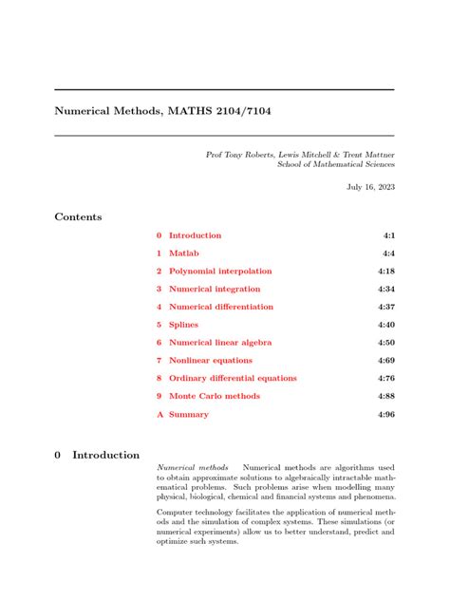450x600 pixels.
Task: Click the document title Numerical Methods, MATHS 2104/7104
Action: [162, 112]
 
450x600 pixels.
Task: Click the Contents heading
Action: [78, 217]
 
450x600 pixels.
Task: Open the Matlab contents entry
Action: [184, 253]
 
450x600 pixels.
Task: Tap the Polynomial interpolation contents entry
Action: [219, 272]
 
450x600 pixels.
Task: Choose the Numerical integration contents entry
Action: [215, 290]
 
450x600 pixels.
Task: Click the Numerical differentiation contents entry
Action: [220, 308]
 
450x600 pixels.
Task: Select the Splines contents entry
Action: [183, 325]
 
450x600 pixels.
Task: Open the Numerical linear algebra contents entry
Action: [220, 343]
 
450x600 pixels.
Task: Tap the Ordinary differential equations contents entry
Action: [233, 379]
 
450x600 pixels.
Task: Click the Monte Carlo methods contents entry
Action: [214, 396]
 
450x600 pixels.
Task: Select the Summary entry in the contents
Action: [188, 415]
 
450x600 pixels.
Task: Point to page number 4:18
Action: [385, 272]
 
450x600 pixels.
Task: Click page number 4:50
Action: [385, 343]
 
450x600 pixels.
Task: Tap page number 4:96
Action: [385, 415]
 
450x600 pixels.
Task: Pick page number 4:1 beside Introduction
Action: [388, 235]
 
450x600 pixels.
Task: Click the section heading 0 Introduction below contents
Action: [97, 456]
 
